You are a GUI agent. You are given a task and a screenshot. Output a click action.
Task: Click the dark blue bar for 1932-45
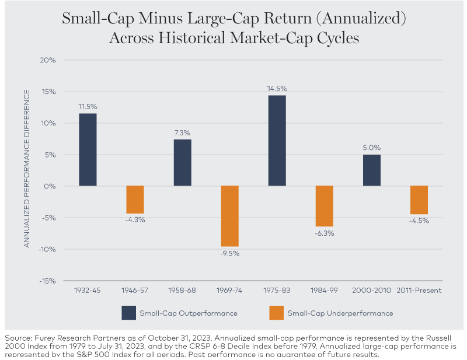[88, 149]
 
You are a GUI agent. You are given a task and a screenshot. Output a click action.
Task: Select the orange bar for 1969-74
[229, 216]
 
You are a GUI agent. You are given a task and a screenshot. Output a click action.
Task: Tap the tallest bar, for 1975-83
[277, 141]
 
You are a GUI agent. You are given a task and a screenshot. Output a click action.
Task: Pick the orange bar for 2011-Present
[419, 200]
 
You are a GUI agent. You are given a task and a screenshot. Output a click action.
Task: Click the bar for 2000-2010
[371, 170]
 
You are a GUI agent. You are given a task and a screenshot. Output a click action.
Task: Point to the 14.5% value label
[277, 88]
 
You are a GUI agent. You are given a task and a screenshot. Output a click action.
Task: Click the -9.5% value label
[229, 253]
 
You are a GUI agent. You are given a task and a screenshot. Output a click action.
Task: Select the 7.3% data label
[182, 134]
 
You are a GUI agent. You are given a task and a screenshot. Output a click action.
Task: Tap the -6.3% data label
[324, 233]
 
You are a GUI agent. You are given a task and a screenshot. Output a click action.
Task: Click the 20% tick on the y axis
[47, 60]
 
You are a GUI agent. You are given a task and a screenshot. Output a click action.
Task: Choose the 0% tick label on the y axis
[49, 186]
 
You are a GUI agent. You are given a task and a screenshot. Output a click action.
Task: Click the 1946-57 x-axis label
[135, 290]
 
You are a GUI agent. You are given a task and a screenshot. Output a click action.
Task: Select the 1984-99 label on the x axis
[324, 290]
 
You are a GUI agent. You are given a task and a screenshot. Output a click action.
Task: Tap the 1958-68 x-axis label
[182, 290]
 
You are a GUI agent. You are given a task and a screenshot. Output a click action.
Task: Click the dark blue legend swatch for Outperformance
[128, 313]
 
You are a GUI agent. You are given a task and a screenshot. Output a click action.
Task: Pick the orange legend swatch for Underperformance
[276, 313]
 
